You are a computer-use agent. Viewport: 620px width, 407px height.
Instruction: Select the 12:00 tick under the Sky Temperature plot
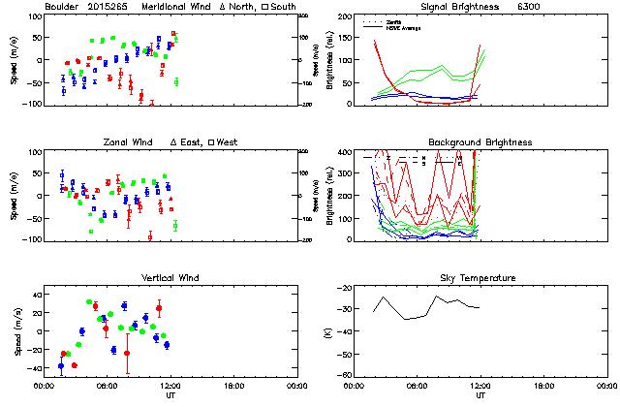[480, 386]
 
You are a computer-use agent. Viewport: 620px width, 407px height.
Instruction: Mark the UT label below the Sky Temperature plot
[480, 396]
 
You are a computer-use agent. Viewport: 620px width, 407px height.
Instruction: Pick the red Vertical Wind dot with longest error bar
[127, 353]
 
